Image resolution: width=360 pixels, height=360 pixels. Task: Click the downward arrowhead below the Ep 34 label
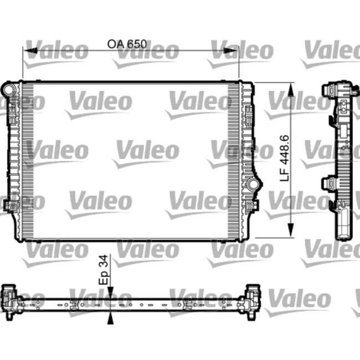[112, 292]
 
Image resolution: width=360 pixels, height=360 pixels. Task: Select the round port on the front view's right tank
[253, 183]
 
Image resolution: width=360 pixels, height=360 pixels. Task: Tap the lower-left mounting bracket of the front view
[9, 205]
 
